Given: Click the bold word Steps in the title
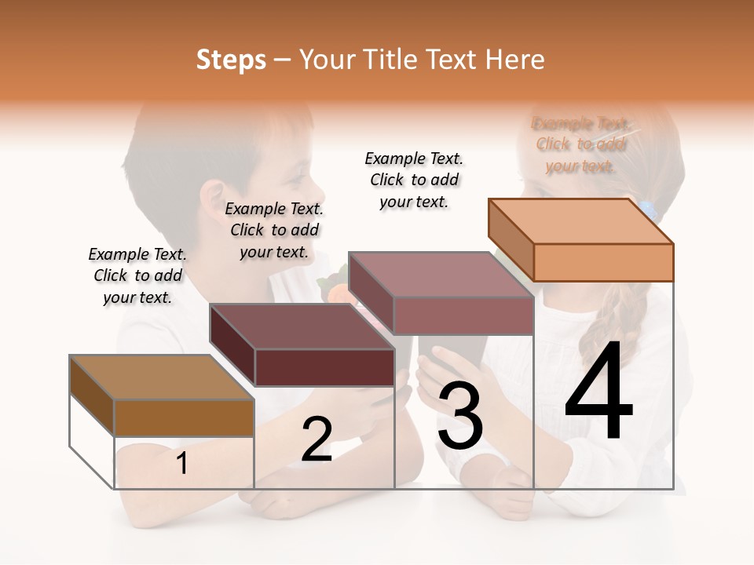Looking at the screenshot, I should click(x=231, y=60).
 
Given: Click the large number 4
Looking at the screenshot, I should click(x=598, y=392).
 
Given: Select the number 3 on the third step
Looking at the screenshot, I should click(x=460, y=416).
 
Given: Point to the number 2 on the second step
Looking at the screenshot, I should click(x=317, y=439).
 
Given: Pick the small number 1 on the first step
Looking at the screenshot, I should click(x=182, y=464).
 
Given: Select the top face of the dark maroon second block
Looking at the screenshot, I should click(x=302, y=326).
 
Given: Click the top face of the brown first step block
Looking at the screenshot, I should click(x=162, y=377).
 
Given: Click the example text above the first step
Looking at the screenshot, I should click(x=137, y=275).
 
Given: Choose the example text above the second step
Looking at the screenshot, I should click(x=274, y=230).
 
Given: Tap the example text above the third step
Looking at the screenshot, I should click(x=414, y=180).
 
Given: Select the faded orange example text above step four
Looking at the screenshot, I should click(x=580, y=144).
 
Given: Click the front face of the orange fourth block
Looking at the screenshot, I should click(x=603, y=262).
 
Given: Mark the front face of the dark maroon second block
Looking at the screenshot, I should click(x=324, y=367).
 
